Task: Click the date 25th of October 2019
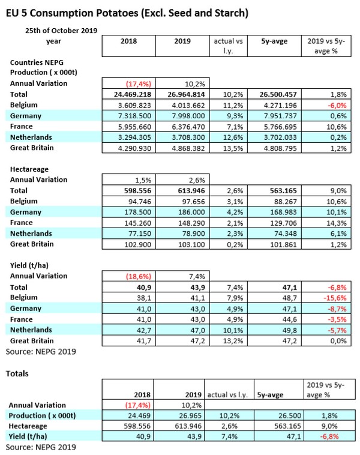tap(61, 30)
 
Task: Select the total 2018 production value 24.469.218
tap(128, 94)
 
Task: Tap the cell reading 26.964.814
tap(181, 94)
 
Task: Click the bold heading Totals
tap(19, 373)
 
